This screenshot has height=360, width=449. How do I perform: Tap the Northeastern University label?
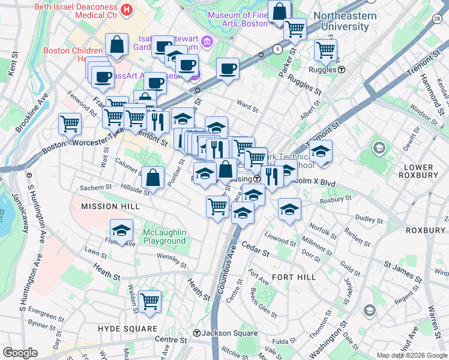tap(345, 22)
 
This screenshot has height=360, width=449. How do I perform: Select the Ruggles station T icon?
tap(342, 70)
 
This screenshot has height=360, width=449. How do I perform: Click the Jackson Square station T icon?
tap(196, 333)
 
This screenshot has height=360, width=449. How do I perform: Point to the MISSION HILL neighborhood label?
tap(110, 206)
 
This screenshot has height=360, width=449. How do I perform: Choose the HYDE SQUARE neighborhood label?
tap(130, 329)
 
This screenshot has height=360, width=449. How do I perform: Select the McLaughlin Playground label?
tap(164, 236)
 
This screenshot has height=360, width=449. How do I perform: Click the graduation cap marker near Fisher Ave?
tap(121, 230)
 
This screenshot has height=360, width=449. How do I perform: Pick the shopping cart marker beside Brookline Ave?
tap(70, 124)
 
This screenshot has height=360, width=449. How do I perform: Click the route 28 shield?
tap(436, 19)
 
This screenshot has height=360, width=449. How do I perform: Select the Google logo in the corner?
tap(20, 353)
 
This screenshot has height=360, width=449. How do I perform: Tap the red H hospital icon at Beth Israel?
tap(126, 10)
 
